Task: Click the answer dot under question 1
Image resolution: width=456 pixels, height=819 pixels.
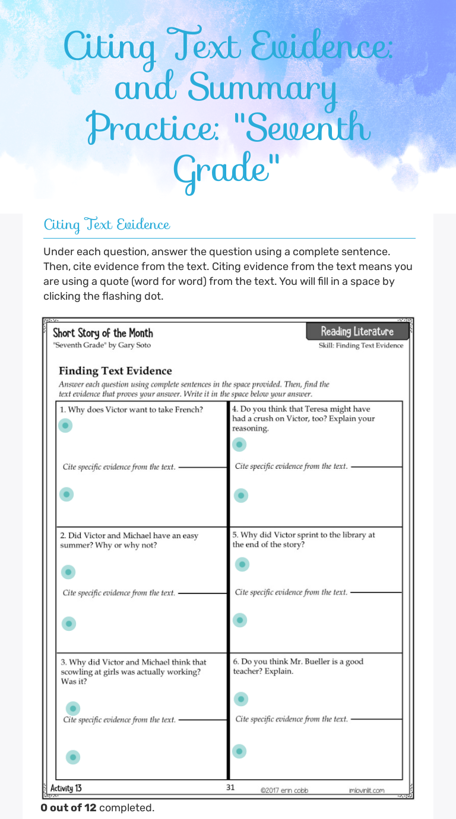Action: [66, 426]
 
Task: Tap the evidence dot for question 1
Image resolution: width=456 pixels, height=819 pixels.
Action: [66, 494]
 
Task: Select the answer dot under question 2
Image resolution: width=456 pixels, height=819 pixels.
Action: [69, 572]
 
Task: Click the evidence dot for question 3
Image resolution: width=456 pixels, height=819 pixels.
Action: [73, 757]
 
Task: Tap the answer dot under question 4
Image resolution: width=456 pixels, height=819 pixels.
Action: [239, 444]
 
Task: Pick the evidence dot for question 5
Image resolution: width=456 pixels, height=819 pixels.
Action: [240, 620]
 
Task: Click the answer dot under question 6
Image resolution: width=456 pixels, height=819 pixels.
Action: [240, 699]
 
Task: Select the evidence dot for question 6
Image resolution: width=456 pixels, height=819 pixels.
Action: [239, 751]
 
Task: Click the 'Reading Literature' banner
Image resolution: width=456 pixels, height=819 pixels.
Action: [357, 331]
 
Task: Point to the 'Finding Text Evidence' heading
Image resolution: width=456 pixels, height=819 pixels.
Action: [115, 371]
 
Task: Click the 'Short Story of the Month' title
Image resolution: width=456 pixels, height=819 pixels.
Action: [103, 333]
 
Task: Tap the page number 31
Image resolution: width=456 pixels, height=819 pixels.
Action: [231, 788]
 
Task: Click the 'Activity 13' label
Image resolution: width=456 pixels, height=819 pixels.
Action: [66, 788]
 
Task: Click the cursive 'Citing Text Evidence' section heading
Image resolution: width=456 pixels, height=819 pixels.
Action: [107, 225]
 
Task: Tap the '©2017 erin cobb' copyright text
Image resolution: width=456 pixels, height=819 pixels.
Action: [284, 790]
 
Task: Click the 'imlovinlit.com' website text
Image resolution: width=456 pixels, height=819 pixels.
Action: [366, 790]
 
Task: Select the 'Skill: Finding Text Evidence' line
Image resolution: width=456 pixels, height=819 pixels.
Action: [360, 345]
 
